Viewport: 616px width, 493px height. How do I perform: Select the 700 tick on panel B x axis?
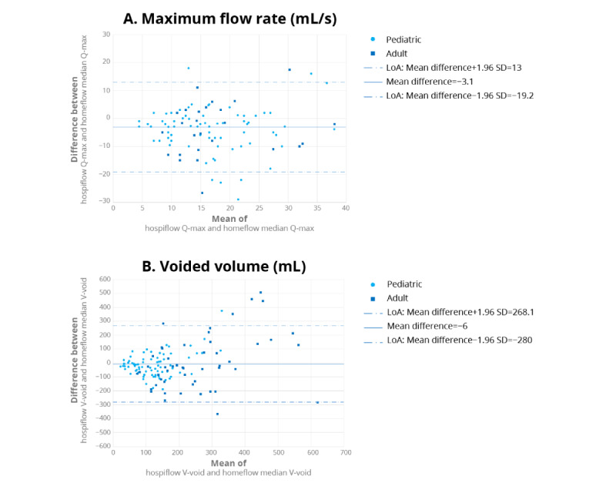pos(346,452)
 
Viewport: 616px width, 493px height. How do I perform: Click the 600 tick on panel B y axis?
pos(103,279)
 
